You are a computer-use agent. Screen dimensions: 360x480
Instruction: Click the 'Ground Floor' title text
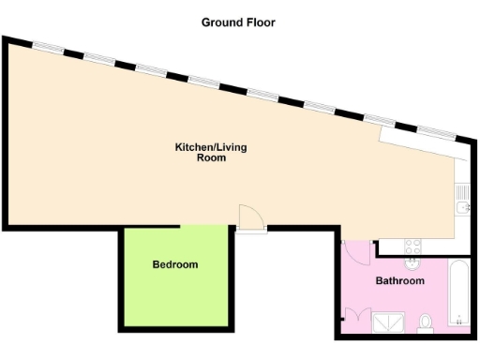coord(239,22)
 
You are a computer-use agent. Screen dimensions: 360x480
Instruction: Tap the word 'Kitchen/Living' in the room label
coord(211,147)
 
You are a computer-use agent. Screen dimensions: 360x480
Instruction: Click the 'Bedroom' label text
coord(175,265)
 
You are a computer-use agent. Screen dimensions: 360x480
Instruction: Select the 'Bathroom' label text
coord(400,281)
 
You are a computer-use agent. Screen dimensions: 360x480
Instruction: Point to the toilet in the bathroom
coord(427,323)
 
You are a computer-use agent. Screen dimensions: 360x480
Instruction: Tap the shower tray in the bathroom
coord(386,324)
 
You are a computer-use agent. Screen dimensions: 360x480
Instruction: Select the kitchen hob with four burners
coord(412,247)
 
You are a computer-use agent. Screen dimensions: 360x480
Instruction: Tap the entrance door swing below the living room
coord(250,217)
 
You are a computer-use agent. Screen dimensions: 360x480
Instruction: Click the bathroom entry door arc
coord(356,251)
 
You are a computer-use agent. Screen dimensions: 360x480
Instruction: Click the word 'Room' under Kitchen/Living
coord(211,158)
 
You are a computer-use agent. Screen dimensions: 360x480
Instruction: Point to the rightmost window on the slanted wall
coord(432,130)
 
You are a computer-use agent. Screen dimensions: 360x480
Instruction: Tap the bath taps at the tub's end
coord(459,322)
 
